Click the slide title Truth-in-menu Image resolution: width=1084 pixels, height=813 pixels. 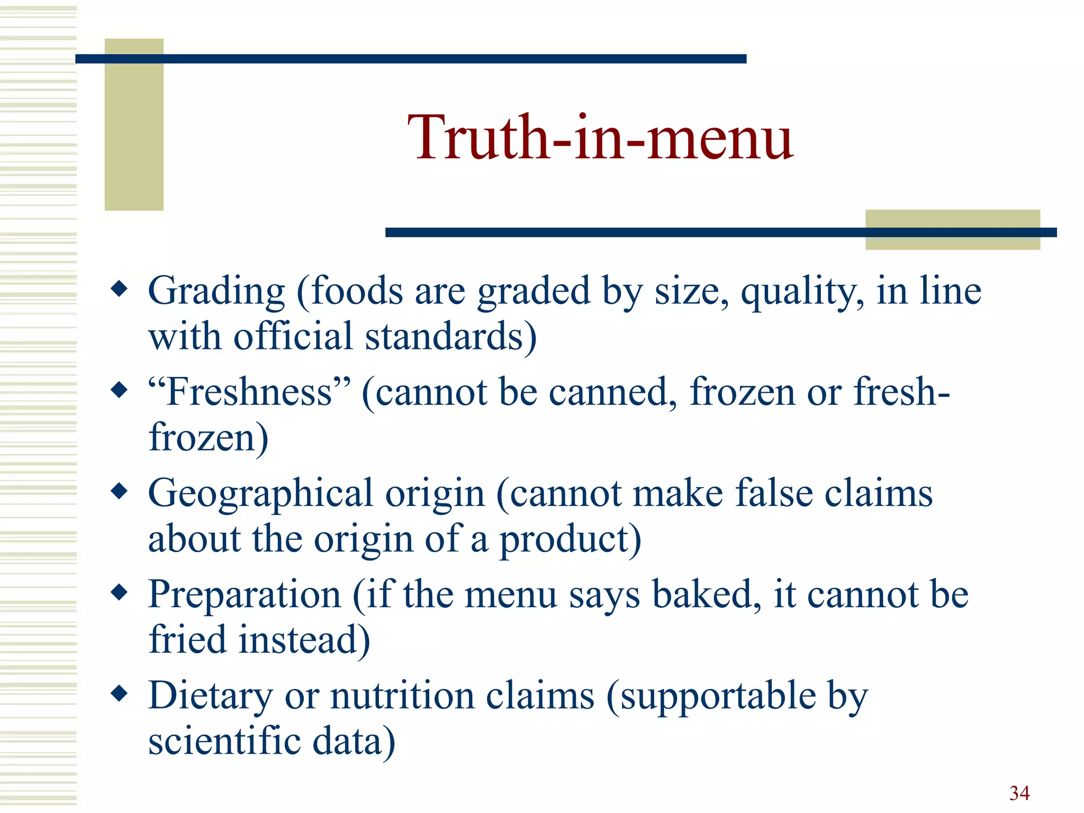tap(600, 137)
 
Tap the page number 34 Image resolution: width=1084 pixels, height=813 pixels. tap(1019, 793)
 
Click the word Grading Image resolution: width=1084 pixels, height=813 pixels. tap(216, 292)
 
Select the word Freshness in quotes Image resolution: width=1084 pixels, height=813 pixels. tap(249, 392)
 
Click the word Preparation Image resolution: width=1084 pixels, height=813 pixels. tap(245, 595)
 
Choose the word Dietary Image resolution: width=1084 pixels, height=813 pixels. tap(210, 695)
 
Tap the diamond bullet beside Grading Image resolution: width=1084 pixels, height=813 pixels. tap(120, 289)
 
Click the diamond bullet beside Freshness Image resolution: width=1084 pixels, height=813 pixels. tap(120, 390)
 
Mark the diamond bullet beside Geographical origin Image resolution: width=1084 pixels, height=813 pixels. tap(120, 491)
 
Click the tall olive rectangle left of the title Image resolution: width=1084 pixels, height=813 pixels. tap(134, 125)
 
